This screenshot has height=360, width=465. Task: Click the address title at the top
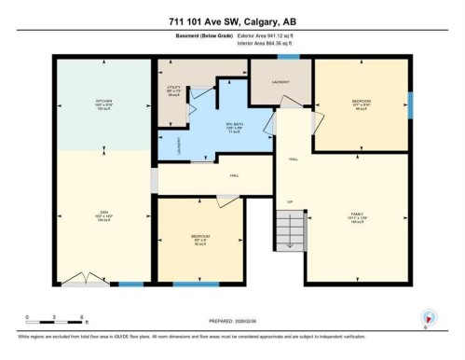[232, 21]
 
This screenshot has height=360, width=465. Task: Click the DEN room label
[104, 215]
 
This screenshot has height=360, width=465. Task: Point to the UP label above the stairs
[289, 202]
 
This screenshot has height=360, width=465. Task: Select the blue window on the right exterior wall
[410, 105]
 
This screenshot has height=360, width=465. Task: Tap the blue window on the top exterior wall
[288, 58]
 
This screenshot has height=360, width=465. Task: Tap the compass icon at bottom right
[428, 317]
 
